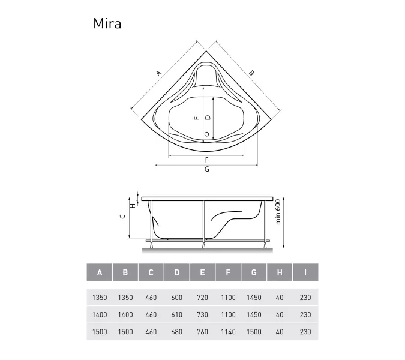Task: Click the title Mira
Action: [107, 23]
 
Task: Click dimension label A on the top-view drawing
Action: [158, 73]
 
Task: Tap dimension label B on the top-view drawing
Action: [251, 73]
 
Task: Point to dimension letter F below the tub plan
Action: [206, 160]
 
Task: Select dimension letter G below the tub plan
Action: [206, 170]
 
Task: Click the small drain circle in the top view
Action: [207, 134]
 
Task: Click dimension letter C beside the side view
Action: [122, 217]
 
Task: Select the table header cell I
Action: [305, 273]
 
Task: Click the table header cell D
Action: [176, 273]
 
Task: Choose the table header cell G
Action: [254, 273]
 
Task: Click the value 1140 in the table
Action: [228, 332]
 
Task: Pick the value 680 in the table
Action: [176, 332]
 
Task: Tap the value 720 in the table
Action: [202, 298]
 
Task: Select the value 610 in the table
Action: [176, 314]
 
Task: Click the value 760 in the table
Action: [202, 332]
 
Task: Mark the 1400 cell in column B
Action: [125, 314]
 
